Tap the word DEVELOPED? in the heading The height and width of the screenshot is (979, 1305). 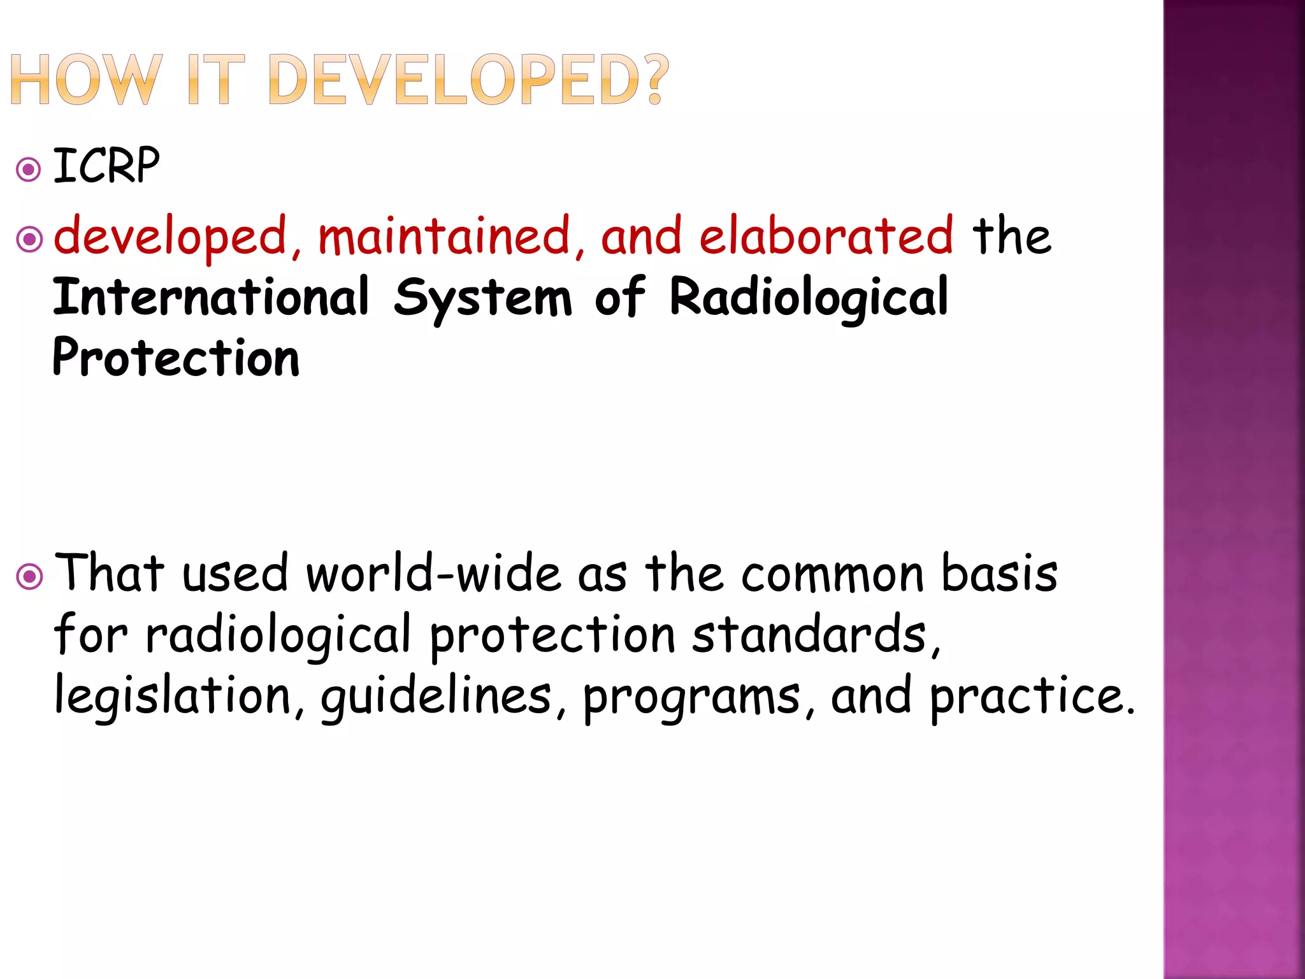point(469,80)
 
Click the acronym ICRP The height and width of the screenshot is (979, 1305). point(106,166)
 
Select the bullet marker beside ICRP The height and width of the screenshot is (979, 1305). point(29,170)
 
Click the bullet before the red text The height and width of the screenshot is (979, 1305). point(29,240)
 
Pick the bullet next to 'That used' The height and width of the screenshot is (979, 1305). point(29,577)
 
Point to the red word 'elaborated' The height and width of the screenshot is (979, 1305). point(826,236)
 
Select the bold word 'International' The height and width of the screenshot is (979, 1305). point(211,297)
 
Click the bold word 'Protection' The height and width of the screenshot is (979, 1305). point(176,358)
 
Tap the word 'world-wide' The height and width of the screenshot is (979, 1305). point(434,573)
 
